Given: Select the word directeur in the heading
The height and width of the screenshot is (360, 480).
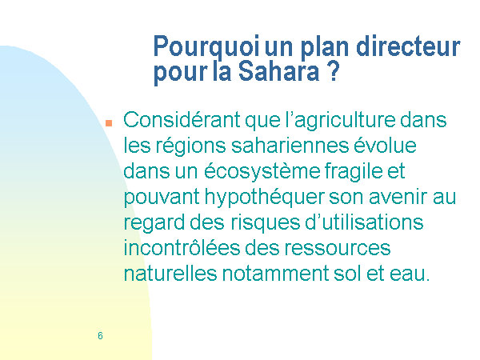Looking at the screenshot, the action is point(408,46).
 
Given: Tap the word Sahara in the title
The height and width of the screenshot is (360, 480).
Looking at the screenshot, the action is point(278,71).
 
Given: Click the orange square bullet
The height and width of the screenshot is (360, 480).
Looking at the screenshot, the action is point(109,123).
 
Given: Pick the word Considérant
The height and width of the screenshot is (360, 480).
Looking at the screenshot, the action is point(182,119).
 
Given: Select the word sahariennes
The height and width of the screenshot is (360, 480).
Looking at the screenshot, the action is point(290,146).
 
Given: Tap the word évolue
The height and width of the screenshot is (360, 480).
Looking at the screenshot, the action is point(385,146).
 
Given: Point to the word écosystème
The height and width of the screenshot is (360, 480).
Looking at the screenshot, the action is point(262,171).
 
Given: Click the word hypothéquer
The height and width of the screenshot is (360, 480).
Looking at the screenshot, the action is point(264,197).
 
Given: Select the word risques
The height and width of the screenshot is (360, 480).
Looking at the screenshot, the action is point(265,223).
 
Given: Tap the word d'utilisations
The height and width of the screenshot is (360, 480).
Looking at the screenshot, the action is point(364,222).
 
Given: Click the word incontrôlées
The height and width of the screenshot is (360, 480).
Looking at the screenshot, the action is point(182,247).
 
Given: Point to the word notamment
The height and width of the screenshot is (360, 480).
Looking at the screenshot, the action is point(275,274).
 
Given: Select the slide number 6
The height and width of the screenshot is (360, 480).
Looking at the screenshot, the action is point(100,335).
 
